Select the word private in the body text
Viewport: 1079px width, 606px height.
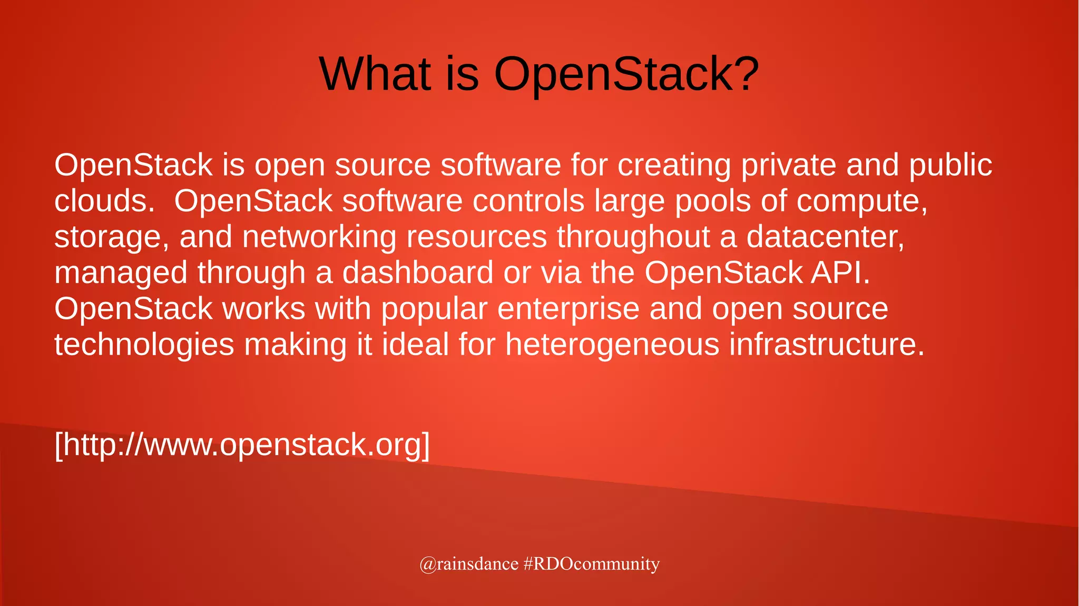click(789, 165)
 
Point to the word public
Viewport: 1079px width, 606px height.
click(950, 165)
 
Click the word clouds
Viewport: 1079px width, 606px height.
click(104, 201)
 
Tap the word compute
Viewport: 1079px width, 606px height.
click(861, 201)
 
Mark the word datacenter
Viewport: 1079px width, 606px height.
click(825, 237)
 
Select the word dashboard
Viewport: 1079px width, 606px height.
click(417, 273)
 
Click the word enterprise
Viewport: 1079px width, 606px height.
click(568, 309)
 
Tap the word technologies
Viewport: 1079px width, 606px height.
click(144, 345)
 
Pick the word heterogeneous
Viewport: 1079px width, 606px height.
click(612, 345)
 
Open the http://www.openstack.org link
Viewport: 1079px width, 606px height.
click(242, 445)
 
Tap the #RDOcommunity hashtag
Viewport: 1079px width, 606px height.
click(592, 564)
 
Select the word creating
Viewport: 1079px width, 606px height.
click(674, 165)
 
